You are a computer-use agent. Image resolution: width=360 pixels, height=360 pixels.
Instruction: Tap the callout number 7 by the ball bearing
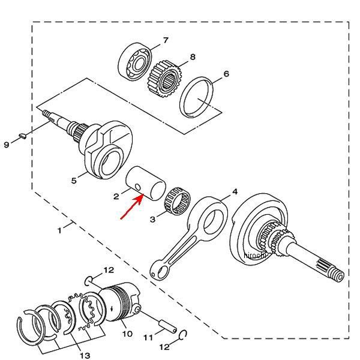(166, 40)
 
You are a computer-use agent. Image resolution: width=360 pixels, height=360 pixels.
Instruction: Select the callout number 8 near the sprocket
(192, 58)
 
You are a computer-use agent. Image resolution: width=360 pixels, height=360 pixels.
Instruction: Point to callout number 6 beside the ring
(226, 74)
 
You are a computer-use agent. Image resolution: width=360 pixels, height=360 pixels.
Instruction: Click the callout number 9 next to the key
(6, 145)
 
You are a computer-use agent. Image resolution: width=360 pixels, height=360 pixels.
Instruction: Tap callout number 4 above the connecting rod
(235, 191)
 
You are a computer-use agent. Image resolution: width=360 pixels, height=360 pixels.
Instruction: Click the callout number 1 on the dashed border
(59, 230)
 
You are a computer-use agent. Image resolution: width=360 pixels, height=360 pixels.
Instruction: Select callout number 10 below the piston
(127, 333)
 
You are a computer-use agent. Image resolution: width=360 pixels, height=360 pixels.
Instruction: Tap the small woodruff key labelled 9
(20, 136)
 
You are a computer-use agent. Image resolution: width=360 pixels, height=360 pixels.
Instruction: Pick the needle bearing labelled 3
(176, 197)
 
